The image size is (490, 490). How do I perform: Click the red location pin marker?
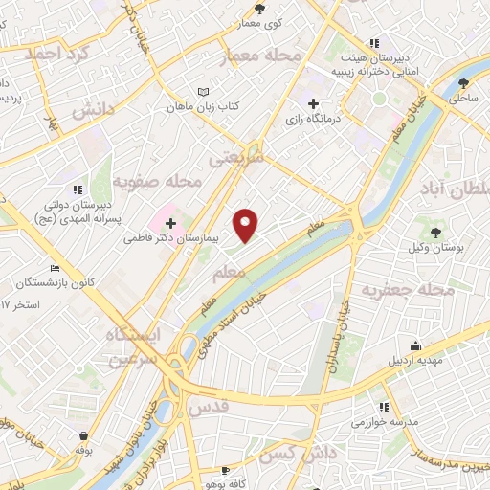click(x=247, y=225)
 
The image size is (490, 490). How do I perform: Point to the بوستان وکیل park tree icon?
click(x=437, y=233)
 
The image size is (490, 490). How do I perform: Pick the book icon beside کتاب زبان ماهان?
click(x=201, y=91)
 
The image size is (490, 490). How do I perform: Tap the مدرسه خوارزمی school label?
click(x=383, y=421)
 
